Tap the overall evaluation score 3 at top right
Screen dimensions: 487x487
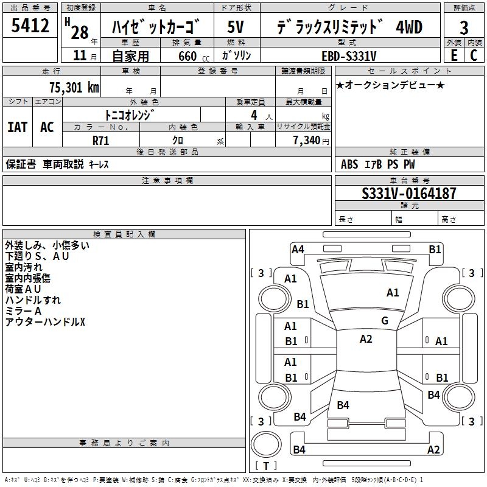[464, 28]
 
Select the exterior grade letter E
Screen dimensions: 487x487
[453, 55]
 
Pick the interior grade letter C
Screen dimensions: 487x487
[474, 55]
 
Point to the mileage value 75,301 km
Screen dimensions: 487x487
[74, 87]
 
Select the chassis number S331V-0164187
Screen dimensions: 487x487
[409, 194]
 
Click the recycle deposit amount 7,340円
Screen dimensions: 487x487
[310, 140]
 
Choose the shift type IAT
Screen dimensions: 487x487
[17, 127]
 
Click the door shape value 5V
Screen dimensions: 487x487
[236, 27]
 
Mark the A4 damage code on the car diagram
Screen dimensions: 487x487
[298, 249]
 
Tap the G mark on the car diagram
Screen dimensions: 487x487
[385, 321]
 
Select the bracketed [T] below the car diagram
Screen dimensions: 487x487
[265, 466]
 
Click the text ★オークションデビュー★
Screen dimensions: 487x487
[390, 85]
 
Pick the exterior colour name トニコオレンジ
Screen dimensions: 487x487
[130, 115]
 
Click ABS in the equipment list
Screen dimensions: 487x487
[349, 164]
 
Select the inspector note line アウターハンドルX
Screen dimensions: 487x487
[45, 321]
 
